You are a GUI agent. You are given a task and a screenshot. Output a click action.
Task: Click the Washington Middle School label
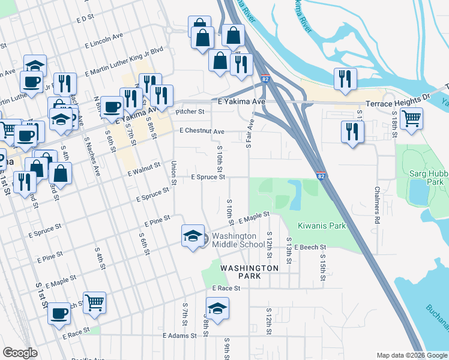coord(238,240)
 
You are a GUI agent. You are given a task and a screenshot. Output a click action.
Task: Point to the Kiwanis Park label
coord(322,226)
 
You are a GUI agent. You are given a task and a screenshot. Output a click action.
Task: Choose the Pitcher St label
coord(190,112)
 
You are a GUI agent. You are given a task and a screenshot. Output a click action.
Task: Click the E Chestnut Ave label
coord(201,131)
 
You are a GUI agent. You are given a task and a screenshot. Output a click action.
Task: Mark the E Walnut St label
coord(144,169)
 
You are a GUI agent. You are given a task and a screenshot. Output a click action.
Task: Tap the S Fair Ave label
coord(249,133)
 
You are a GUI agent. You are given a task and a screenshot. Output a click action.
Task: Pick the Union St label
coord(173,172)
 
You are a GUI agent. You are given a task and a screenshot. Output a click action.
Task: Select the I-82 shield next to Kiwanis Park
coord(321,175)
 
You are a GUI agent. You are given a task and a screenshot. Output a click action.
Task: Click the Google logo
coord(20,353)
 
